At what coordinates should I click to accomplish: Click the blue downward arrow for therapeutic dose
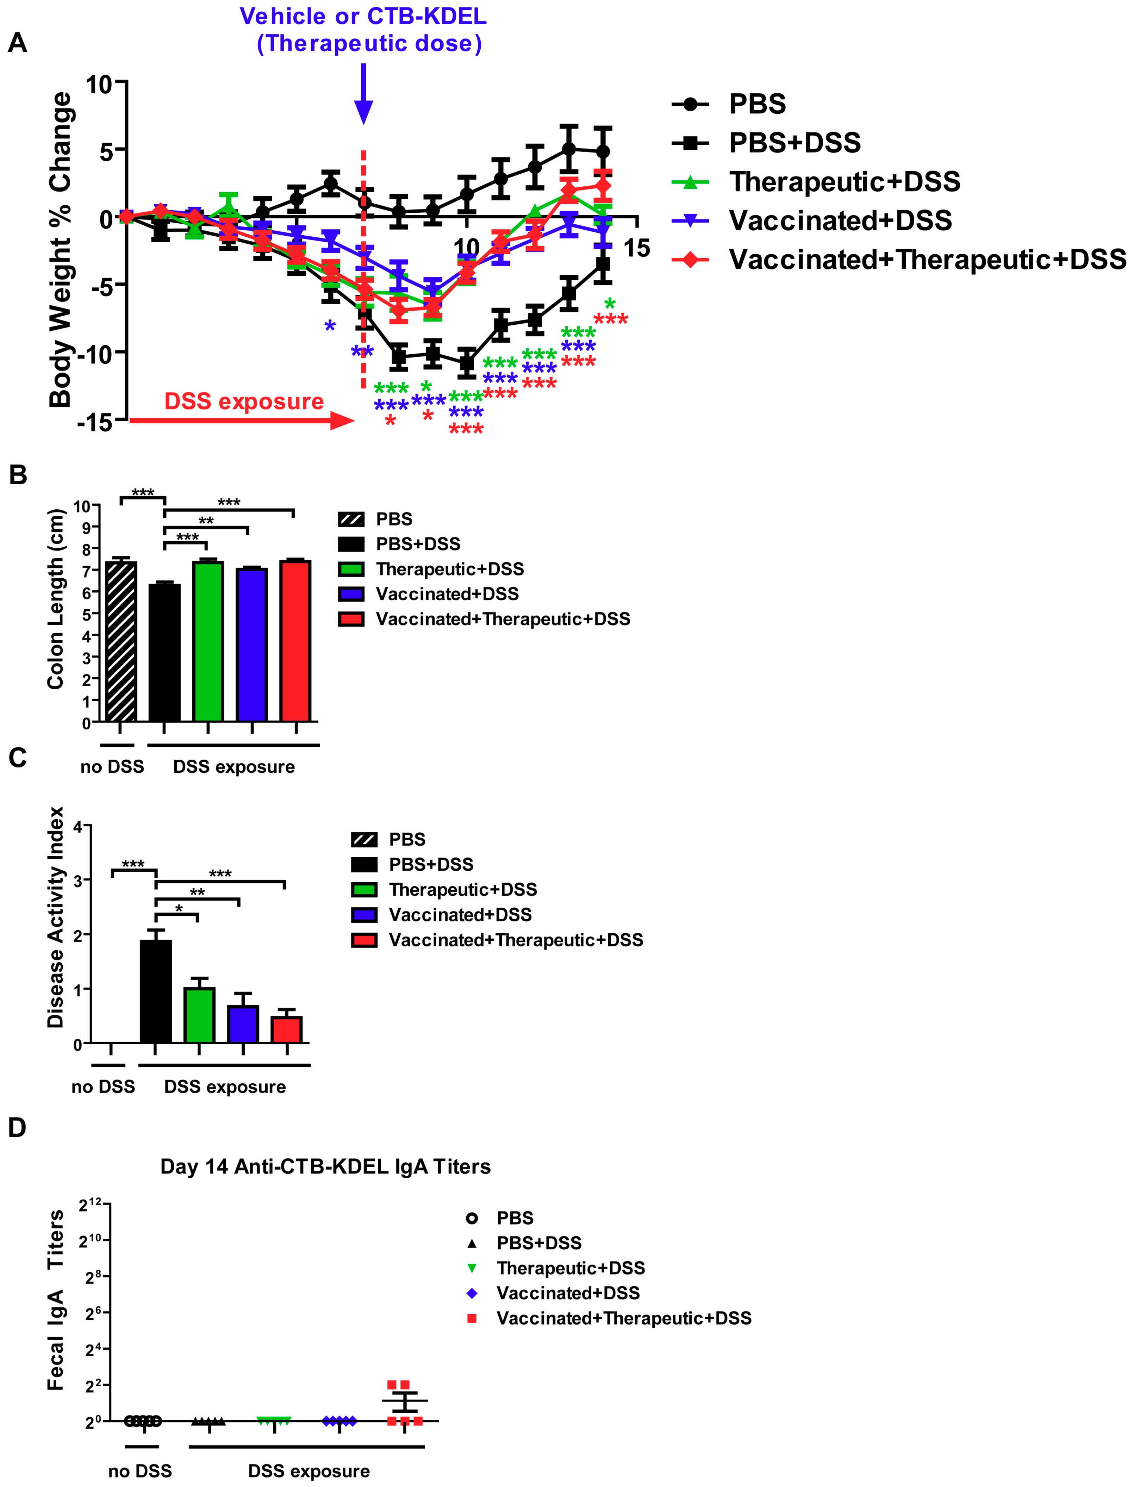point(363,94)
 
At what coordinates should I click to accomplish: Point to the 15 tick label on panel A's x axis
point(636,248)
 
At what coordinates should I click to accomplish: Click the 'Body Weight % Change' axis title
point(60,250)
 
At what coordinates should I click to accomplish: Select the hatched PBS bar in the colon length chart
point(122,641)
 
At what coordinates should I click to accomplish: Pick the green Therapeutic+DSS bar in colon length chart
point(208,641)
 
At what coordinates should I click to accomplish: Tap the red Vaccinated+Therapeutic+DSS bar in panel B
point(296,641)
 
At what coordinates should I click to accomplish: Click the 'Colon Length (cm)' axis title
point(55,599)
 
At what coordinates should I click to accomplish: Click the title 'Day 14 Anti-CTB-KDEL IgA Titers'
point(325,1166)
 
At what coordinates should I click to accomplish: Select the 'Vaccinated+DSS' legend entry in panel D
point(568,1293)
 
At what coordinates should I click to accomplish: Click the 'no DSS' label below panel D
point(140,1471)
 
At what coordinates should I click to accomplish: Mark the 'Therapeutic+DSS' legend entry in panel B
point(449,569)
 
